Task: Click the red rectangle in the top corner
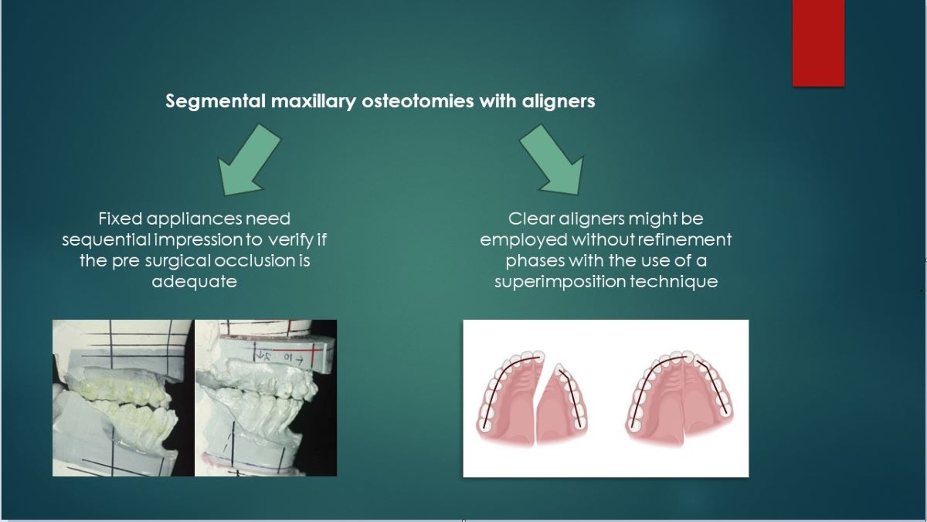point(818,42)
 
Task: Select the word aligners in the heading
point(559,101)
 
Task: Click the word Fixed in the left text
point(121,219)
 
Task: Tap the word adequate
point(194,281)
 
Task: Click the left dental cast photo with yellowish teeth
point(122,398)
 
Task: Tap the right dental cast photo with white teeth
point(265,398)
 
